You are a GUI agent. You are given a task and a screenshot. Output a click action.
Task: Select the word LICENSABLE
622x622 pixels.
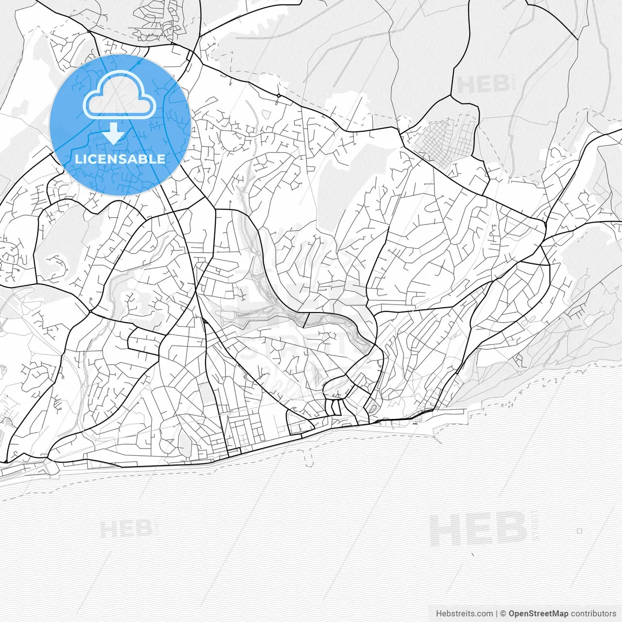click(x=120, y=159)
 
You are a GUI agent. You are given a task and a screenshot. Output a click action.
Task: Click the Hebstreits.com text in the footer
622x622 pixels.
click(x=464, y=614)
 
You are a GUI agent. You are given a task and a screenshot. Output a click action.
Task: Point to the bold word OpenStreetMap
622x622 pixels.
click(x=538, y=614)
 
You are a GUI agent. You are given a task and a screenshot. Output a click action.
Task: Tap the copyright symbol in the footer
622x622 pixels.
click(x=503, y=614)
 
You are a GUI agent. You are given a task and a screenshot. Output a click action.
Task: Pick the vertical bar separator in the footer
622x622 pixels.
click(x=496, y=614)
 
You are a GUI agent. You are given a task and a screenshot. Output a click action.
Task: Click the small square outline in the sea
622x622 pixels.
click(x=579, y=531)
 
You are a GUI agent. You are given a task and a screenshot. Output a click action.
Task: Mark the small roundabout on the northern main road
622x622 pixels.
click(x=278, y=96)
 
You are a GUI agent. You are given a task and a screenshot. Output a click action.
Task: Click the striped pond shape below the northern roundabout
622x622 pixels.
click(x=267, y=113)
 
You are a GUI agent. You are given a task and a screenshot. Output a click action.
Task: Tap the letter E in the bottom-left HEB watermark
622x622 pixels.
click(x=128, y=529)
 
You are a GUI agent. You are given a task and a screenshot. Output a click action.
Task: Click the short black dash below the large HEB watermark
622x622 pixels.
click(x=471, y=554)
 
